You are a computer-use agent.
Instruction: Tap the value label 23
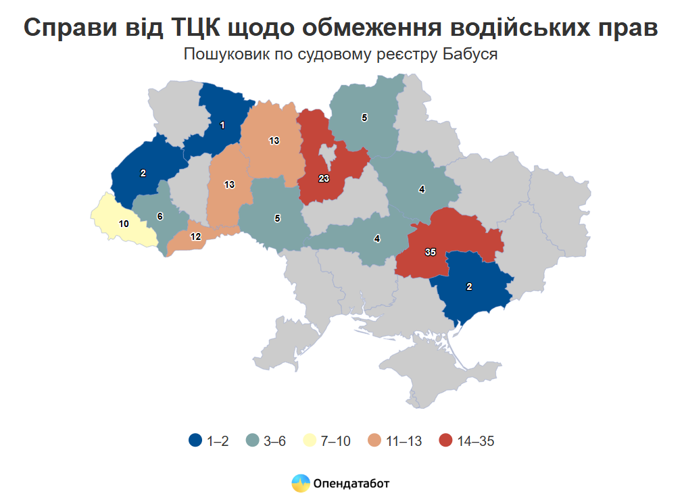323,178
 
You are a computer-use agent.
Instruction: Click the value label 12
195,236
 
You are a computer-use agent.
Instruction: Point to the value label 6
160,216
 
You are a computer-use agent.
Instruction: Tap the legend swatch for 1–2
195,441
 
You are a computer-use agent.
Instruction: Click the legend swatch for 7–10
310,441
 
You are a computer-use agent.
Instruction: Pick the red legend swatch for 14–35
445,441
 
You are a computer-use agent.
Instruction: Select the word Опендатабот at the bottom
351,484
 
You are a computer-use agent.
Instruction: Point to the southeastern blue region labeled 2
473,287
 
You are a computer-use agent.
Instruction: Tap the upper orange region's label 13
274,141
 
